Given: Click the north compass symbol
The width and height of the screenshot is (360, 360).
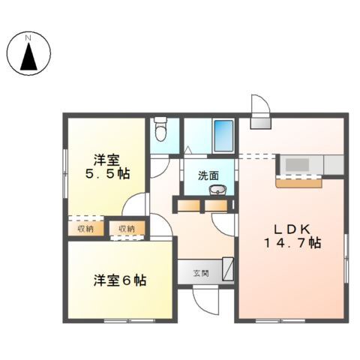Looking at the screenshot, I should pyautogui.click(x=28, y=53).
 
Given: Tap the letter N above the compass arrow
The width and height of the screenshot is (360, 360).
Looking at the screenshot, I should pyautogui.click(x=28, y=37).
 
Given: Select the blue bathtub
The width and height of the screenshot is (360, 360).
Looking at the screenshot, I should pyautogui.click(x=223, y=135).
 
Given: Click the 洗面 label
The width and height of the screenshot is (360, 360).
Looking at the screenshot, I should pyautogui.click(x=209, y=176).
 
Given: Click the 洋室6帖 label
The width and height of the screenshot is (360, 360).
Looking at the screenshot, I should pyautogui.click(x=119, y=280).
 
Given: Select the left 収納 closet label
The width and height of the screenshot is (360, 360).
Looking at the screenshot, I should pyautogui.click(x=85, y=228).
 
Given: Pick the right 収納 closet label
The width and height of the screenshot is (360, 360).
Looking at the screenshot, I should pyautogui.click(x=125, y=228).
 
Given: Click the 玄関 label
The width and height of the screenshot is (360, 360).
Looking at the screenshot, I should pyautogui.click(x=201, y=271).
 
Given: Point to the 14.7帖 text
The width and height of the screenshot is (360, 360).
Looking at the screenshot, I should pyautogui.click(x=292, y=243).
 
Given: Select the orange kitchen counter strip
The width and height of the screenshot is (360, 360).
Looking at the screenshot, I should pyautogui.click(x=298, y=180).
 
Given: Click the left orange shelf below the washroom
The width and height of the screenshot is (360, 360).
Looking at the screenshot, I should pyautogui.click(x=190, y=205).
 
